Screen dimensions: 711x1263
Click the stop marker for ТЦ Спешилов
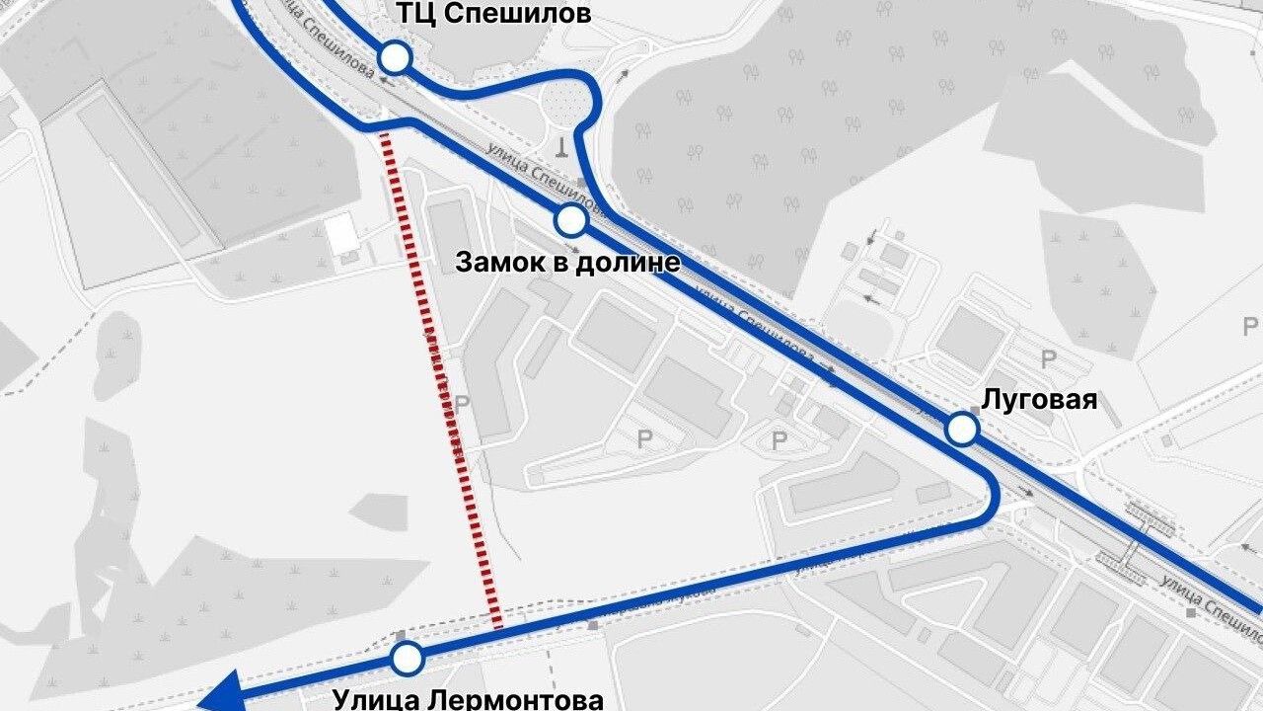(x=396, y=58)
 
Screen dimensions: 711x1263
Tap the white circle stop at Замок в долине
(x=571, y=221)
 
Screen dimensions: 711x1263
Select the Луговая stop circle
(x=962, y=430)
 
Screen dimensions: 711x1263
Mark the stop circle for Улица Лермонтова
(x=407, y=658)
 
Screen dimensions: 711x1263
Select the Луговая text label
(x=1039, y=399)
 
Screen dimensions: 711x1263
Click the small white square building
(x=341, y=234)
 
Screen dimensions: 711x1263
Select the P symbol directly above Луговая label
(x=1048, y=359)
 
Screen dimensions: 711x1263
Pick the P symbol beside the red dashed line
(x=461, y=405)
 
